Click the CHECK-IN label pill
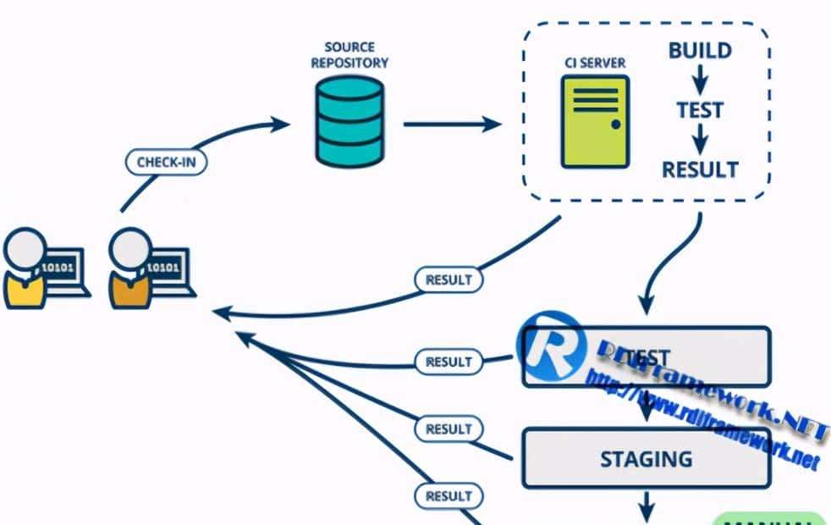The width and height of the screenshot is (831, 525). tap(166, 161)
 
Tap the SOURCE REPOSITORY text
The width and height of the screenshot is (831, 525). tap(349, 54)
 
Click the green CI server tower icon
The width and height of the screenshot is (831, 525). tap(596, 120)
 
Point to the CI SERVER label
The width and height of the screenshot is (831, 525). tap(595, 62)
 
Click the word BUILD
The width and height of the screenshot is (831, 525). tap(700, 51)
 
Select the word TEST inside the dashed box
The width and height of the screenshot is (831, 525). tap(700, 110)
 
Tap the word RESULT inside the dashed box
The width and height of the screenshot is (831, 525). tap(700, 169)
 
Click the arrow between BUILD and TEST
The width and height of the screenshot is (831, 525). tap(700, 80)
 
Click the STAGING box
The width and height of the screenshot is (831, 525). tap(646, 459)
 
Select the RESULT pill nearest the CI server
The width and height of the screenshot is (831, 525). tap(448, 279)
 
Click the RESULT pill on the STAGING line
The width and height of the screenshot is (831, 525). tap(448, 428)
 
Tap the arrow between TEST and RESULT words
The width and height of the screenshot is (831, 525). tap(700, 140)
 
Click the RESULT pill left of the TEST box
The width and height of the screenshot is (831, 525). tap(448, 362)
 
